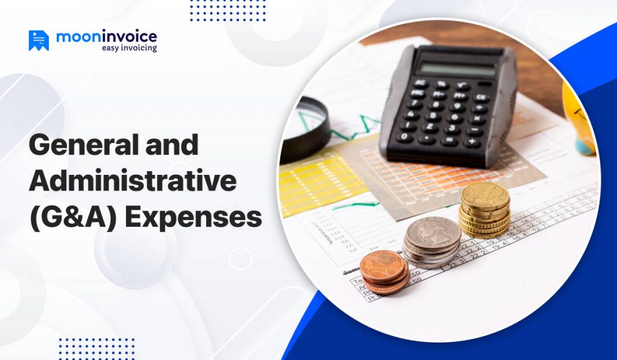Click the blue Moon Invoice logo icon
coord(39,40)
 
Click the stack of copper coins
coord(384,271)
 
